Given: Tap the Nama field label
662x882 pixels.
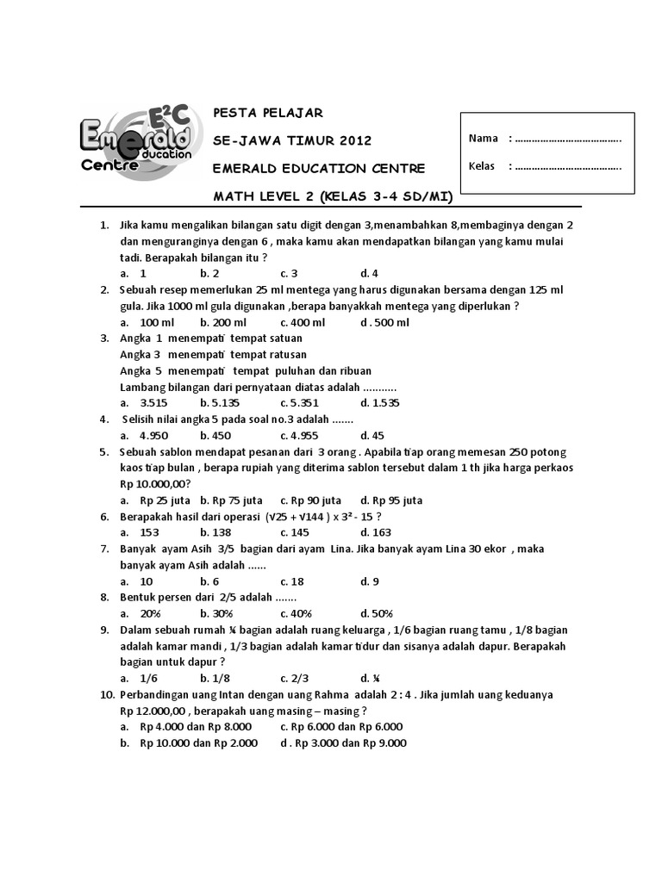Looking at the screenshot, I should (x=483, y=139).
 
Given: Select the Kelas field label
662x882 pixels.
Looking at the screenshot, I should (x=482, y=166).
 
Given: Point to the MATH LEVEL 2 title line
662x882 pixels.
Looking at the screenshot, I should (x=333, y=196).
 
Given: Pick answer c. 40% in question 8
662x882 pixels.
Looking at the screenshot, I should (x=295, y=613).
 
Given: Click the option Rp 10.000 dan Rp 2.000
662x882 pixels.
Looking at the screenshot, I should (x=189, y=743).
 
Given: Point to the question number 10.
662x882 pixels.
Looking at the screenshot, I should (x=106, y=694).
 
